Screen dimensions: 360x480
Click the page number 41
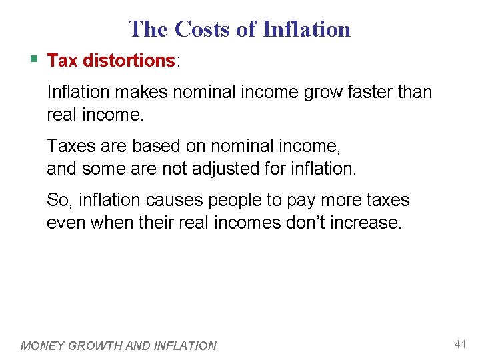tap(459, 344)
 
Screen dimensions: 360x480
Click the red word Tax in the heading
tap(63, 61)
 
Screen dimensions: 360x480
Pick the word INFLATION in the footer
tap(185, 345)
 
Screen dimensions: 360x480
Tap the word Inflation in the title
tap(306, 29)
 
